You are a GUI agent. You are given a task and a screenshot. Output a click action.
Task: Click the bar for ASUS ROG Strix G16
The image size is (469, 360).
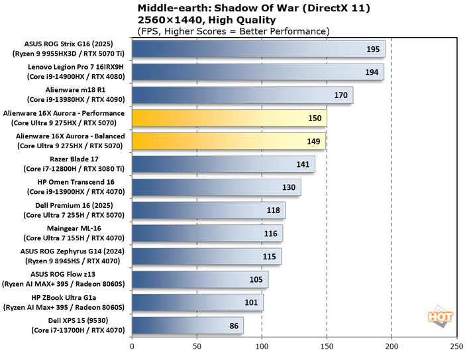tap(258, 50)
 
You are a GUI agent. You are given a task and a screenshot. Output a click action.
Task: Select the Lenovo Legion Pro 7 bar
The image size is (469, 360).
tap(258, 72)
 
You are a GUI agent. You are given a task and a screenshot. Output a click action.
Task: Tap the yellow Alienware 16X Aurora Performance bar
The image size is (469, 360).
tap(229, 118)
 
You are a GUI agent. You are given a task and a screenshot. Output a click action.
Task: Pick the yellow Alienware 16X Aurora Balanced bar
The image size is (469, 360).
tap(229, 141)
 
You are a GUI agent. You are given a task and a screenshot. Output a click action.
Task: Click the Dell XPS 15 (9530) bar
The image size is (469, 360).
tap(188, 326)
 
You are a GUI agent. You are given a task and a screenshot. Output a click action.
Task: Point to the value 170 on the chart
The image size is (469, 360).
tap(341, 95)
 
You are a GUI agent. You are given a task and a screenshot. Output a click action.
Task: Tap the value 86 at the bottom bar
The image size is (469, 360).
tap(233, 326)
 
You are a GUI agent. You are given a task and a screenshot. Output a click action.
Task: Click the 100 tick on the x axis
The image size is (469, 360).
tap(262, 347)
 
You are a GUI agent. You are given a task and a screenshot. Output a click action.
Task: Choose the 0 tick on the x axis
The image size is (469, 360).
tap(132, 347)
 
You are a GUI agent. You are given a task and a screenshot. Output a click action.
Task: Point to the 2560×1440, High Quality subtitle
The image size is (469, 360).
tap(199, 20)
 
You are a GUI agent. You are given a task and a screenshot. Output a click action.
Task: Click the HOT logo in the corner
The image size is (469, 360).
tap(440, 316)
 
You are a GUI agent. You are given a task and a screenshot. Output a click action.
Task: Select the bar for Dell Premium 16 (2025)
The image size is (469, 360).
tap(209, 210)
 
